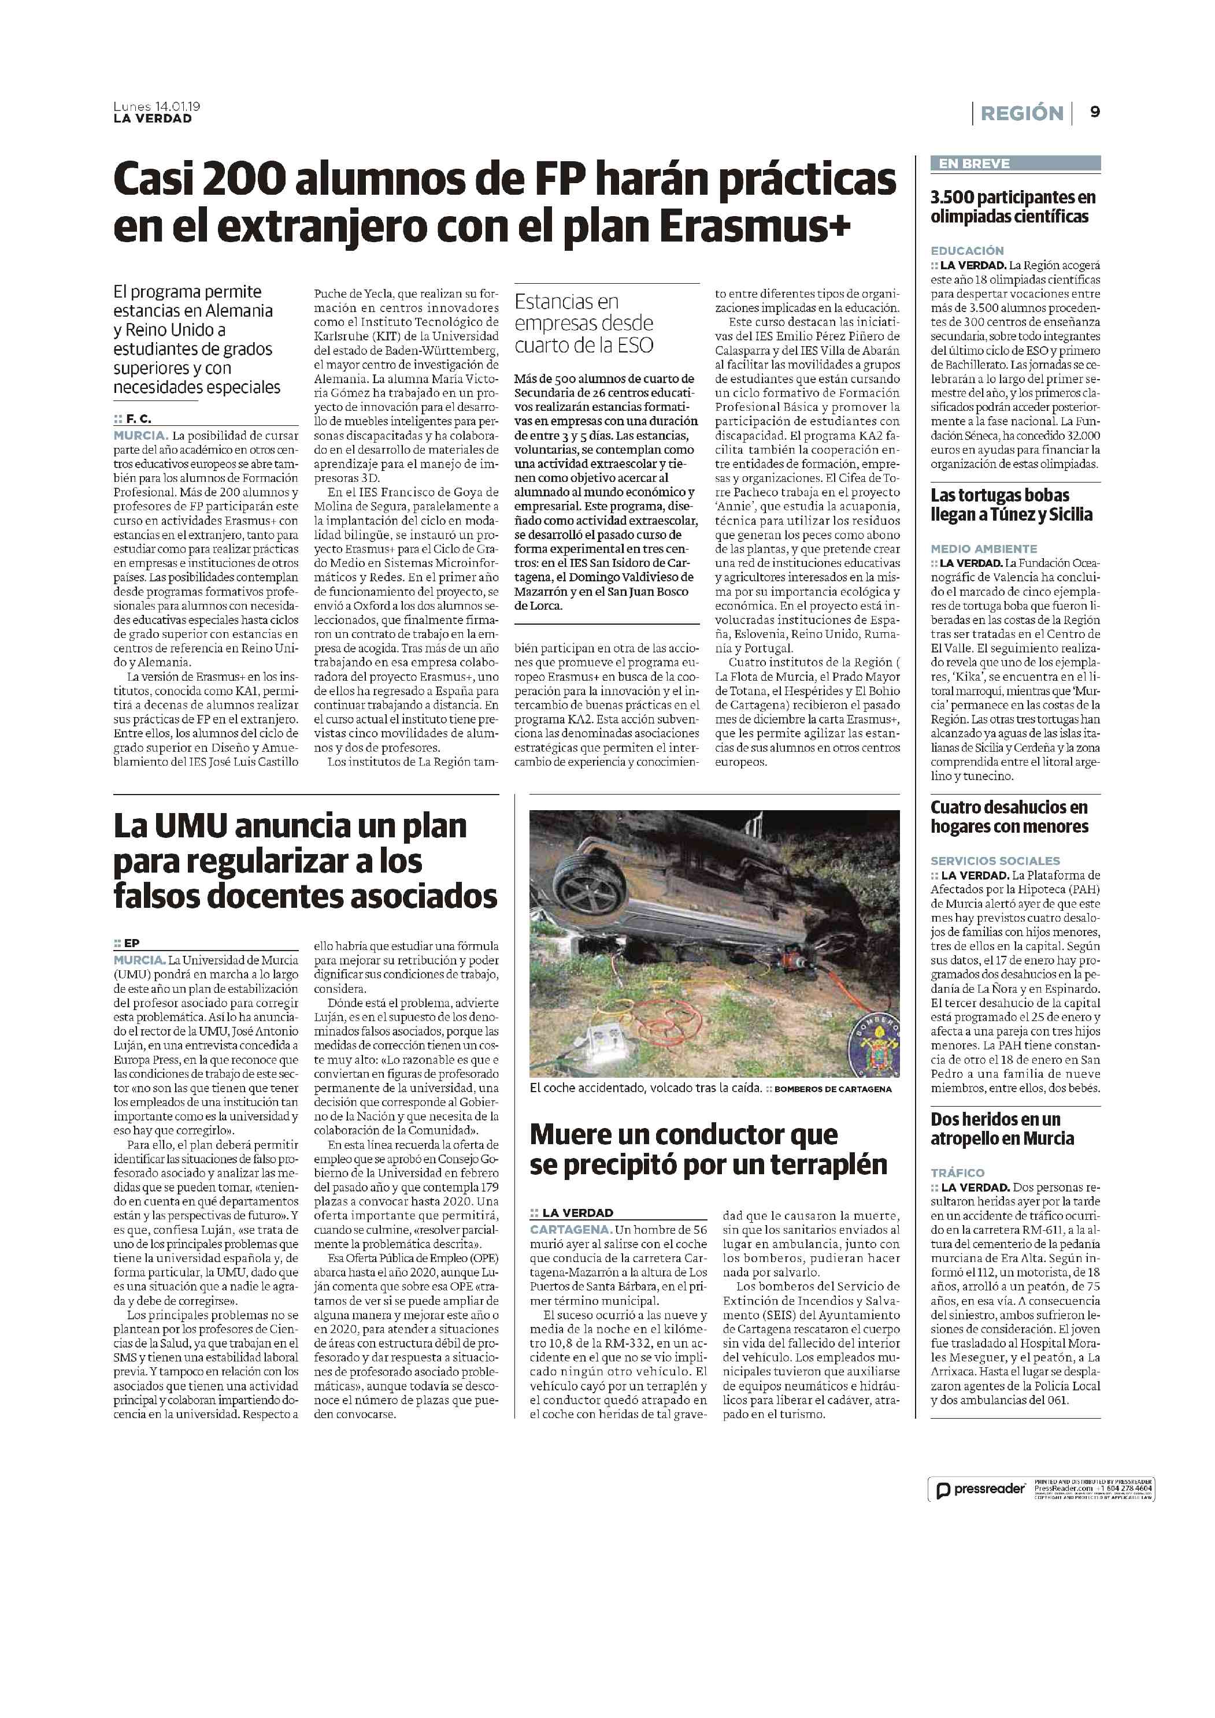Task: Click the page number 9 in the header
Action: click(1094, 112)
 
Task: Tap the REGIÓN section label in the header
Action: click(1021, 113)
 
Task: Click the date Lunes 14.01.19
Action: click(157, 106)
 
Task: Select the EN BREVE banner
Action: click(1015, 163)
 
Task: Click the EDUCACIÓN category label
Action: click(967, 251)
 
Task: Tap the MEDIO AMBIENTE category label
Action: click(984, 548)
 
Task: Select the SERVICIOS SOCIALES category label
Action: click(995, 860)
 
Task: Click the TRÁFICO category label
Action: click(957, 1172)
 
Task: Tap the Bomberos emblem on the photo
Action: click(875, 1045)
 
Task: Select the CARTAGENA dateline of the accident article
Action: click(571, 1229)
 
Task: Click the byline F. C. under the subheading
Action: click(138, 419)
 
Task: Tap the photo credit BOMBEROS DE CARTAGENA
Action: click(832, 1089)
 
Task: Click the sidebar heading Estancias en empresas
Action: click(583, 323)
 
